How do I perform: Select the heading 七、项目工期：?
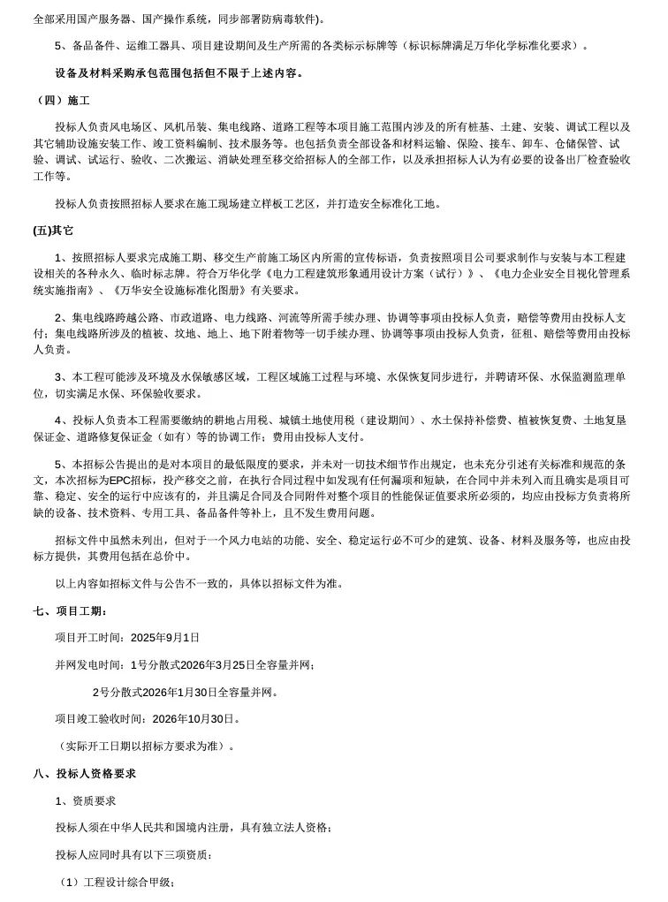point(70,610)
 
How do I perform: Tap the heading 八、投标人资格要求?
point(84,773)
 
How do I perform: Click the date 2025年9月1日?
point(165,637)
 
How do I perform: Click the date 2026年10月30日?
point(192,719)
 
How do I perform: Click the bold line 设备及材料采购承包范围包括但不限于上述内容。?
point(179,72)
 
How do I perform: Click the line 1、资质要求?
point(85,800)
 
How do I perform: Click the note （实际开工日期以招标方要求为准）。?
point(147,746)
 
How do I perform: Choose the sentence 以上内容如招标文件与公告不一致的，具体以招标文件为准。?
point(200,583)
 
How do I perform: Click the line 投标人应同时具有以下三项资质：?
point(133,854)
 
